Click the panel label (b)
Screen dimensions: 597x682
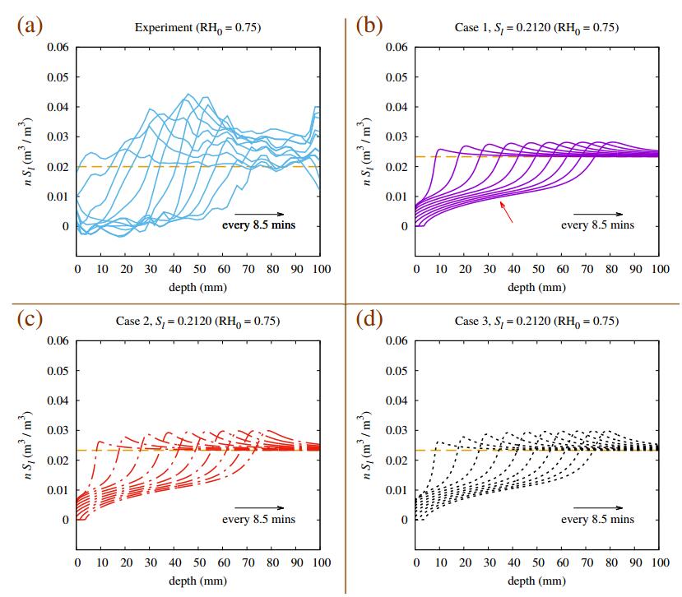[x=369, y=25]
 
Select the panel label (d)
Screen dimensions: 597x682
[x=369, y=319]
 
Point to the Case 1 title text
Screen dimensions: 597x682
[x=536, y=27]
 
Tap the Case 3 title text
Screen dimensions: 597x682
[x=536, y=322]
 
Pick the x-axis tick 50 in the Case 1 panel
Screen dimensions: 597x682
[x=538, y=269]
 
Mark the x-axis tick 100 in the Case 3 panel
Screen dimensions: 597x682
[x=659, y=563]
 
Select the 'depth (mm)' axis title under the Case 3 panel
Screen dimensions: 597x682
[x=536, y=581]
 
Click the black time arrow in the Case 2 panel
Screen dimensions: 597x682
[x=258, y=507]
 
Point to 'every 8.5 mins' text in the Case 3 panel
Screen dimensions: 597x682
[x=597, y=520]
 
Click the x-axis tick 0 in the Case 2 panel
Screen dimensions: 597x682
[x=77, y=563]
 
